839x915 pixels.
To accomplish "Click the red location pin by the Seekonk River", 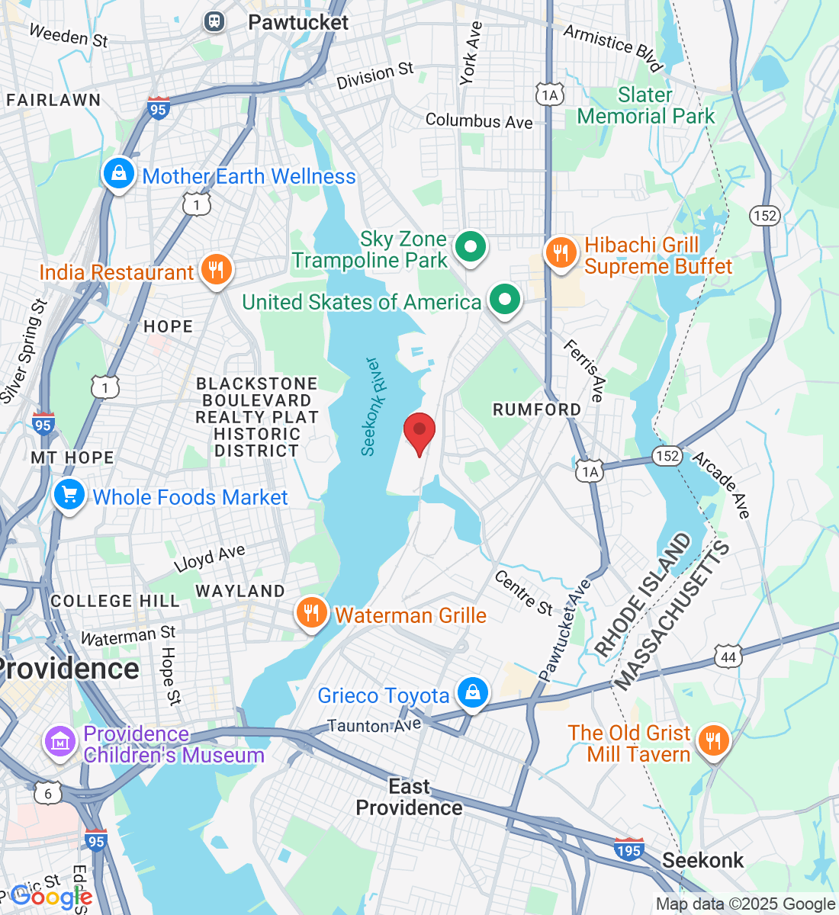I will (x=419, y=432).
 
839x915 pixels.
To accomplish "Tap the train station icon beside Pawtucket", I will (x=214, y=21).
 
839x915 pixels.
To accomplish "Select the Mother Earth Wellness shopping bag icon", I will (x=118, y=174).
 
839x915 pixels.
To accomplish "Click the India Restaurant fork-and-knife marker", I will (x=217, y=270).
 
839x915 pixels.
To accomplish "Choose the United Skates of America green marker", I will (x=503, y=300).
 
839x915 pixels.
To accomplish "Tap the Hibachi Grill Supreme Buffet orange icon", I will (x=561, y=252).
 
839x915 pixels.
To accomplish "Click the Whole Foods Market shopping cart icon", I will (x=69, y=496).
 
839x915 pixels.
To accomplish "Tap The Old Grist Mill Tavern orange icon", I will (x=712, y=740).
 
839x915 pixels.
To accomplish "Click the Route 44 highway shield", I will (x=728, y=657).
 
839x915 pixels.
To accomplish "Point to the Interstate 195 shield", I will (x=628, y=849).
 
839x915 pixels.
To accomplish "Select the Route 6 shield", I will (x=48, y=794).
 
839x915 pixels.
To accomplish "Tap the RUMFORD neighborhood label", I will (x=537, y=409).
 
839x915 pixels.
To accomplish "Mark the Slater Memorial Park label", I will (x=646, y=106).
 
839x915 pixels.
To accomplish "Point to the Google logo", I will (x=51, y=897).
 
